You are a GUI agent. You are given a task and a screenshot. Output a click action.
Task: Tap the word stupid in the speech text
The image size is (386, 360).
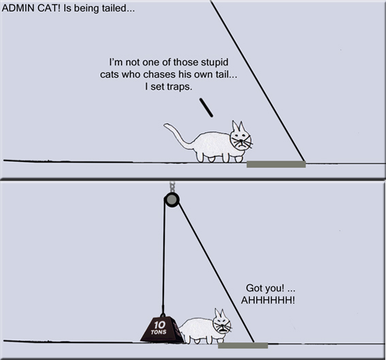214,63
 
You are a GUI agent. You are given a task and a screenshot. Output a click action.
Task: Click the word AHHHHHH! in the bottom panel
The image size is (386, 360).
268,300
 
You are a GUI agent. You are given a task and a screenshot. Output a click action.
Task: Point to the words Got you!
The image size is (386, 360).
265,288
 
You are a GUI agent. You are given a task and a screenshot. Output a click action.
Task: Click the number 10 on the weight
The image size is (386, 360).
159,325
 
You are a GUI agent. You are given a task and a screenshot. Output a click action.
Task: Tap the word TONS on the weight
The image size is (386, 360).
159,332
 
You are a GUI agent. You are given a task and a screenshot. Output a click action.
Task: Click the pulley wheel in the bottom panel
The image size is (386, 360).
172,199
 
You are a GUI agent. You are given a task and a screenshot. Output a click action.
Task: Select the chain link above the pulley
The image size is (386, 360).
172,186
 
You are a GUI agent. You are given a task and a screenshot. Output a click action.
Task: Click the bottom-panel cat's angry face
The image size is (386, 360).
222,325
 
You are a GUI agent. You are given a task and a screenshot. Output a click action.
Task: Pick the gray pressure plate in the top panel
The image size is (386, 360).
276,165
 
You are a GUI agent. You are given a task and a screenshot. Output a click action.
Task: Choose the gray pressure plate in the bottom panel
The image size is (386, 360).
243,345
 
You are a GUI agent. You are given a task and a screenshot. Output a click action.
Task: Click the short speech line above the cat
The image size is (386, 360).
206,108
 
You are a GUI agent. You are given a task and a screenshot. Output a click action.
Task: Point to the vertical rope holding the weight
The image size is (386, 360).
163,256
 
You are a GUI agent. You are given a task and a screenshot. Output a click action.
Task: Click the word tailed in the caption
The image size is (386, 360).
113,8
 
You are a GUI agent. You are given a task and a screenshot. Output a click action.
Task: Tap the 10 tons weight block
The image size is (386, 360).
162,329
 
